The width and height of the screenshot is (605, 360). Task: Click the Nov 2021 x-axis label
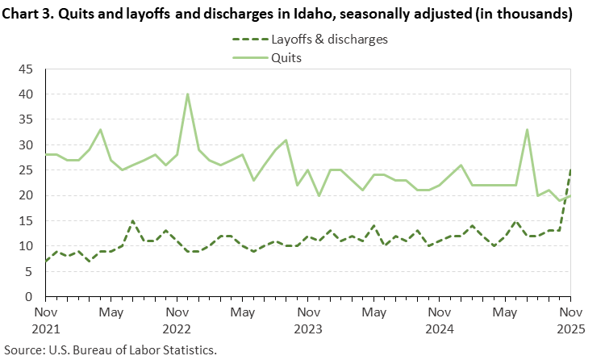45,320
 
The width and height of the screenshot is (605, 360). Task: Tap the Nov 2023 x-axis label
307,320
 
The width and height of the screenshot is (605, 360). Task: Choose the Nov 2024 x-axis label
439,320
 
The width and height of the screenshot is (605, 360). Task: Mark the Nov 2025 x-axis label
570,320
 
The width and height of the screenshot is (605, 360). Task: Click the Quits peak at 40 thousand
187,94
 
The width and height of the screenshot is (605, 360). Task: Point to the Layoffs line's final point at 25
570,170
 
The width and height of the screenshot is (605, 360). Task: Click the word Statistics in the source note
193,350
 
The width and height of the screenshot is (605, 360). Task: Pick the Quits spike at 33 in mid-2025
526,130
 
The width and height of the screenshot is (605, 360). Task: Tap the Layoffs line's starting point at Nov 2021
45,261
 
